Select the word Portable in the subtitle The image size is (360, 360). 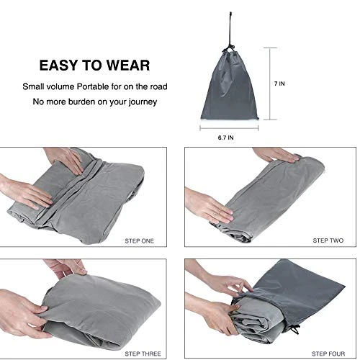point(93,86)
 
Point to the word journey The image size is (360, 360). point(143,102)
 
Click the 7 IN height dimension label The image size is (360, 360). point(279,84)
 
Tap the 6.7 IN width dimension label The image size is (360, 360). point(225,138)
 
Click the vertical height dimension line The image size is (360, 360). point(270,84)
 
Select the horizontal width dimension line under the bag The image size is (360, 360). point(229,128)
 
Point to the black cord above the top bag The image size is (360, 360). point(230,31)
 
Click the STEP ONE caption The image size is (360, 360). point(139,241)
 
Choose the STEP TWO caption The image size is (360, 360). point(328,240)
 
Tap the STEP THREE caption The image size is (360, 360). point(143,354)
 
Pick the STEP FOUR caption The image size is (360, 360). point(328,354)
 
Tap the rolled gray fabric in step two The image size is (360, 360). point(266,197)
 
